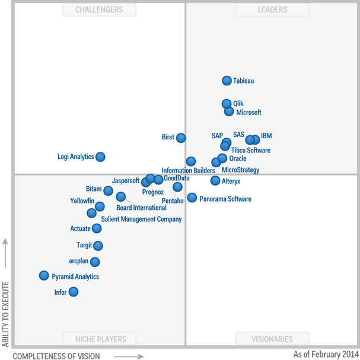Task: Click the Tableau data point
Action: click(x=227, y=81)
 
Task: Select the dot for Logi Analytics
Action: click(x=100, y=157)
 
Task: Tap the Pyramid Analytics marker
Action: click(x=44, y=275)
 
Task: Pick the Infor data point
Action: click(x=73, y=292)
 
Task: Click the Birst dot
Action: click(x=181, y=138)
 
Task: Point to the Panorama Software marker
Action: click(x=192, y=197)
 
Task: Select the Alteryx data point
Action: click(x=215, y=180)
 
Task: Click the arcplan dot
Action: click(x=95, y=262)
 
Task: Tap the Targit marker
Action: click(x=98, y=246)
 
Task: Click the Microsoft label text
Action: click(x=249, y=112)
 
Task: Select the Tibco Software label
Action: click(x=251, y=150)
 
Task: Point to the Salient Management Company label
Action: click(x=141, y=219)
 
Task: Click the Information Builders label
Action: click(x=188, y=171)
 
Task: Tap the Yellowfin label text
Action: click(x=82, y=200)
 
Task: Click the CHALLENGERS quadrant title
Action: click(x=99, y=9)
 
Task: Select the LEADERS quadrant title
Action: click(x=273, y=9)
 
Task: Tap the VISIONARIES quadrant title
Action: click(x=272, y=339)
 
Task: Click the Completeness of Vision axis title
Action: click(x=56, y=356)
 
